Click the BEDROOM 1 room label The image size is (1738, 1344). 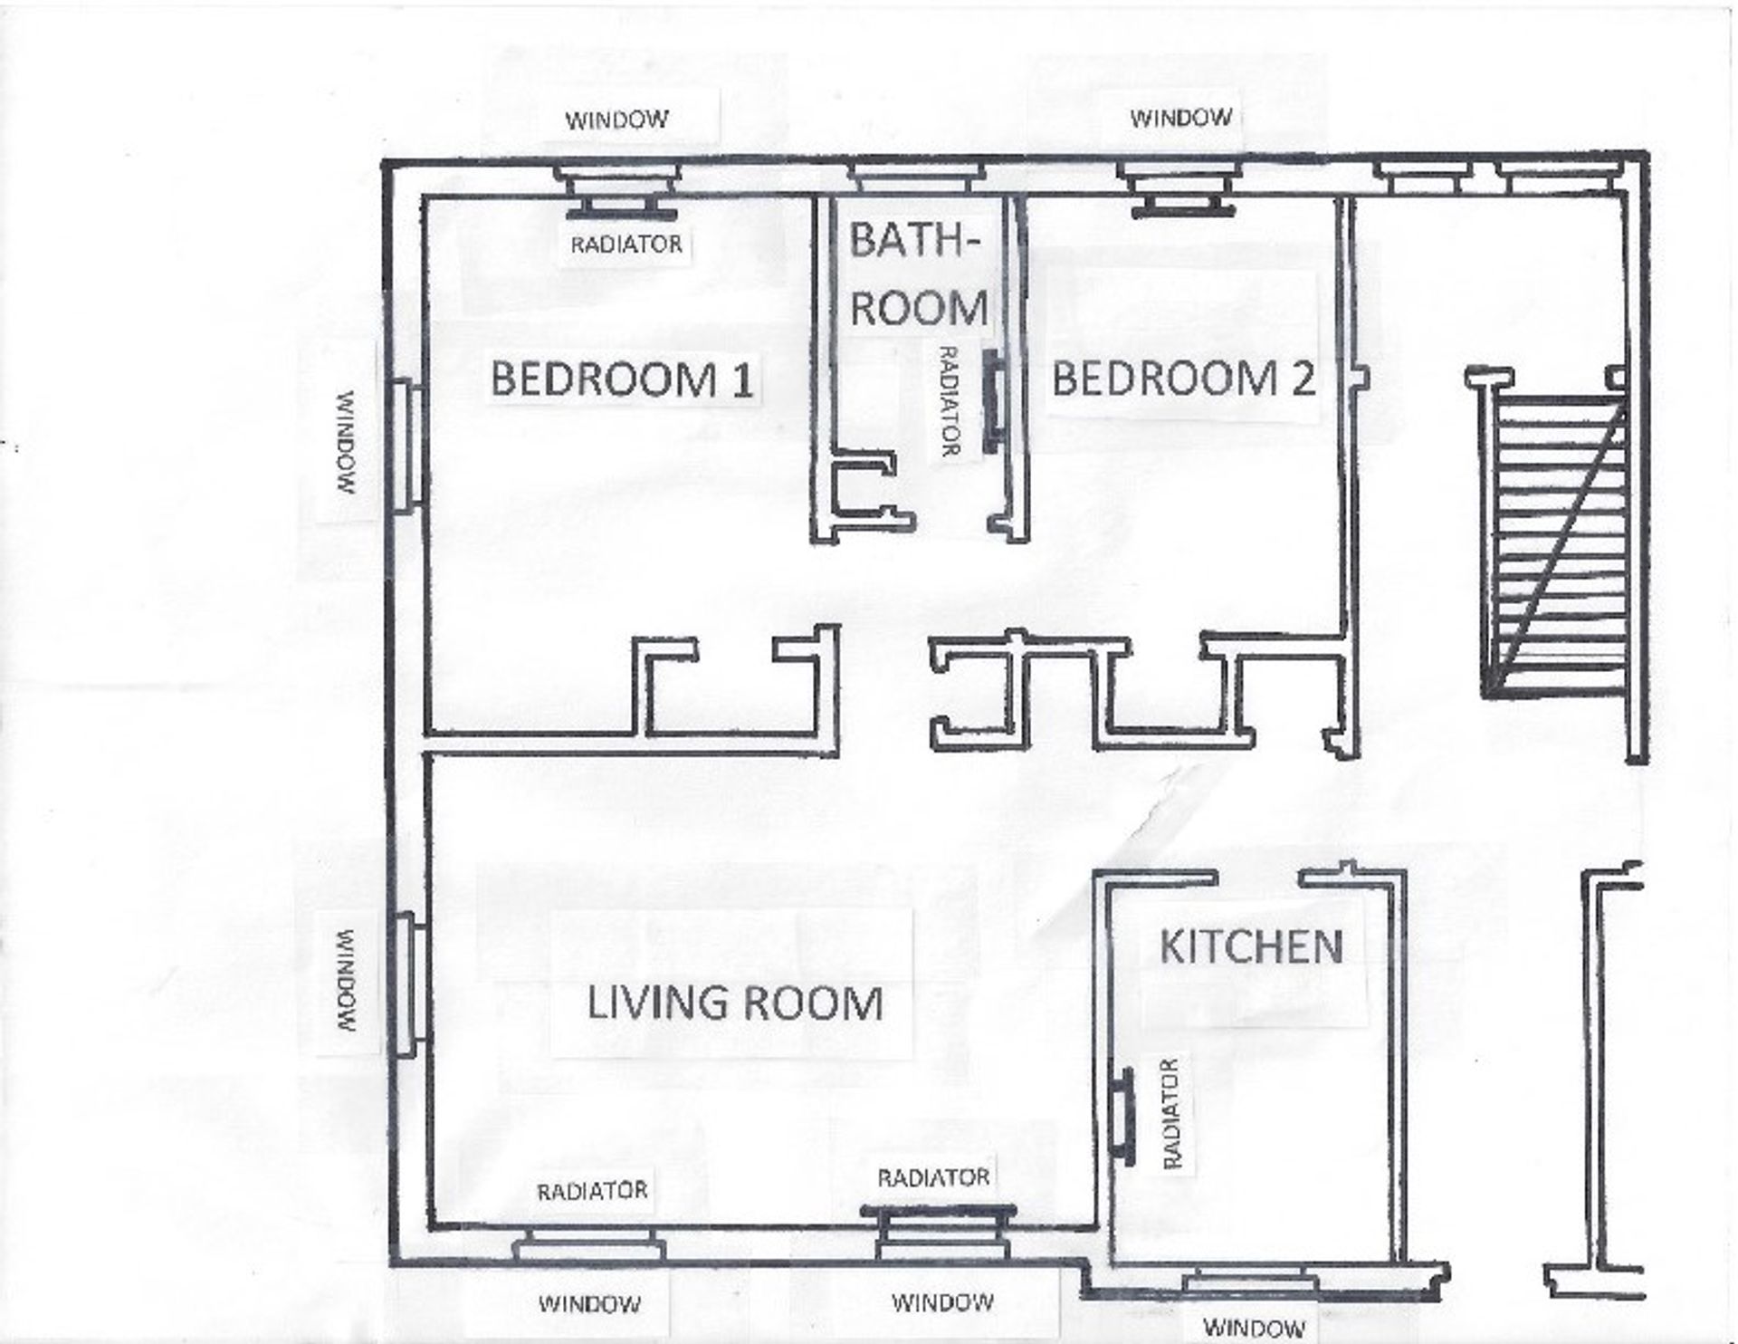622,379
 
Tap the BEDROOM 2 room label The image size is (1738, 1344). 1183,378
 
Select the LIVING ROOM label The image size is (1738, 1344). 735,1003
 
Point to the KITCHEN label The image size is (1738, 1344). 1251,947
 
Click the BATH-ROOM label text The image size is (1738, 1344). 918,274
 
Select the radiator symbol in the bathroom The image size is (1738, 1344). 993,401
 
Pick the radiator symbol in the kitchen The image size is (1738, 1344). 1125,1112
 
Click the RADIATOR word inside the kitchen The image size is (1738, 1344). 1170,1113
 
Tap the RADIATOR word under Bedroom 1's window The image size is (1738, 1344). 625,244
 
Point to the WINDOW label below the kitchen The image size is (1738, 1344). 1255,1329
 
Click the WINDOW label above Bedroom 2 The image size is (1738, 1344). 1180,118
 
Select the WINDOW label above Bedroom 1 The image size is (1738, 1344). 617,120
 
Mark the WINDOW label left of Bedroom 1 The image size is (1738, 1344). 348,442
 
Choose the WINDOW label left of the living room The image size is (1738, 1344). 348,981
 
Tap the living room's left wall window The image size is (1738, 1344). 408,985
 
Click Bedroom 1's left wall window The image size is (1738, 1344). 408,446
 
